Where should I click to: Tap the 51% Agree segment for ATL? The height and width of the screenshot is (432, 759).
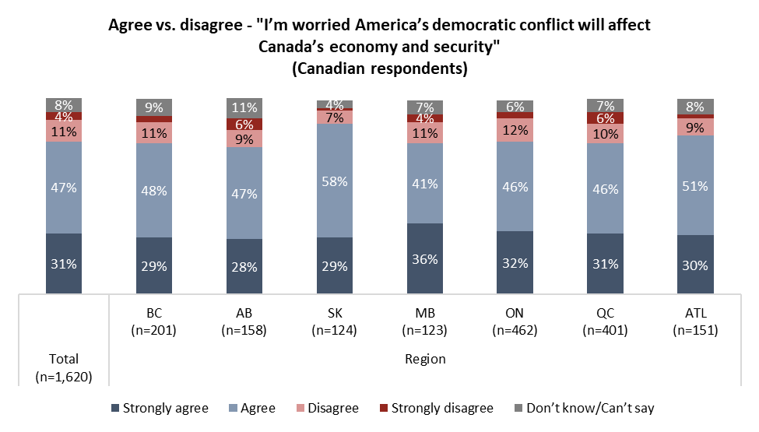coord(694,185)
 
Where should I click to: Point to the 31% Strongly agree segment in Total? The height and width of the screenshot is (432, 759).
coord(64,264)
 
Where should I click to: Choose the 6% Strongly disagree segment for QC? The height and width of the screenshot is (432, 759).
coord(605,118)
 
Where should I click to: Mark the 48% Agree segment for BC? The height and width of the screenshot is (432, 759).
coord(154,190)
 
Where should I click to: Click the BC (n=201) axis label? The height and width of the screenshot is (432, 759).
coord(154,321)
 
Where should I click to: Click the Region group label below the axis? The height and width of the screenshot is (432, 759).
coord(425,359)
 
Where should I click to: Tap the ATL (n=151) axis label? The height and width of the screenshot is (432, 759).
coord(694,321)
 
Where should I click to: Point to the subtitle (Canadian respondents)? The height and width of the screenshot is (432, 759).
coord(379,68)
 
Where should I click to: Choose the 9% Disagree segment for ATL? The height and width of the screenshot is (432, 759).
coord(694,127)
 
